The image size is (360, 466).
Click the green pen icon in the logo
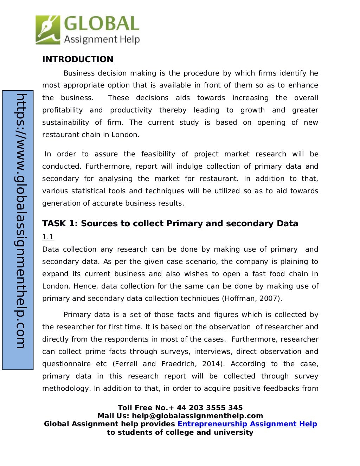point(48,30)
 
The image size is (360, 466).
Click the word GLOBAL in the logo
point(102,24)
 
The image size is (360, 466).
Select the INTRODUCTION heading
point(78,59)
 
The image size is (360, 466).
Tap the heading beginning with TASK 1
point(170,224)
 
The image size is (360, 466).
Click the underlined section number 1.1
point(48,237)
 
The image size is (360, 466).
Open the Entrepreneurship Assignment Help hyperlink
point(247,424)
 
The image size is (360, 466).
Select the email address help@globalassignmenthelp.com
point(197,416)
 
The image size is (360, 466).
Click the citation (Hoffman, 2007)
point(252,298)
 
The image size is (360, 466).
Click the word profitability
point(63,110)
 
